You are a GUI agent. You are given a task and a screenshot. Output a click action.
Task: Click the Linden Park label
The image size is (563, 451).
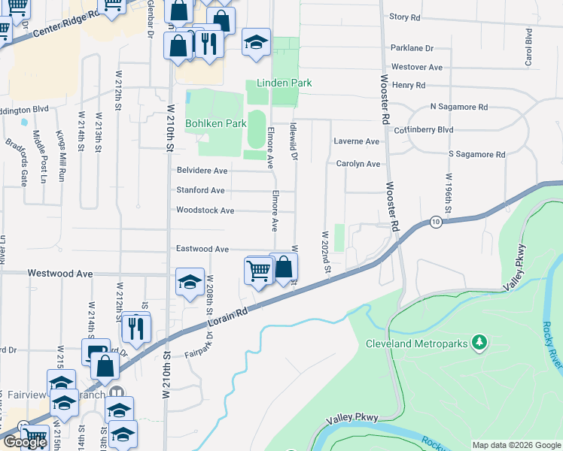284,83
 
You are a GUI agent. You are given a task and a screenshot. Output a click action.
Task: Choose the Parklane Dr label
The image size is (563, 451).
412,48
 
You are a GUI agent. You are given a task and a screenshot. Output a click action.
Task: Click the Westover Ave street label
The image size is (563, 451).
416,67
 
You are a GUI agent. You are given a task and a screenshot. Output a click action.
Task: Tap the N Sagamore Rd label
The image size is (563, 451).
458,107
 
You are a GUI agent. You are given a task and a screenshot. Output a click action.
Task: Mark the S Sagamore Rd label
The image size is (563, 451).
476,154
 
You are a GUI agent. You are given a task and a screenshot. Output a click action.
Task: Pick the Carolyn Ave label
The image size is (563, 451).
358,163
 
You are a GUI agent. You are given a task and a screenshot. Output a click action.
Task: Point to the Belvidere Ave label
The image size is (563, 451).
202,171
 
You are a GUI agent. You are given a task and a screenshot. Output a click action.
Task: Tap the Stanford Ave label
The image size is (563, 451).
200,190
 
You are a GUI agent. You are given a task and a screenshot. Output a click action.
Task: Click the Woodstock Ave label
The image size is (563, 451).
205,210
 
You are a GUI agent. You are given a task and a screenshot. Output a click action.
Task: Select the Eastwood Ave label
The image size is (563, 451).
202,249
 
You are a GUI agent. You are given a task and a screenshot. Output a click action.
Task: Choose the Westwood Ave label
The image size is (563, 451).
59,274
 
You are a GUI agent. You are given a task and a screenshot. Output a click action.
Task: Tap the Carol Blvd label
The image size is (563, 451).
529,47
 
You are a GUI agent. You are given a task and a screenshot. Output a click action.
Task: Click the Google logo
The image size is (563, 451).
25,442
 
